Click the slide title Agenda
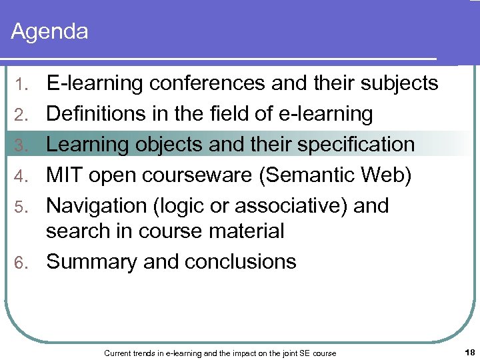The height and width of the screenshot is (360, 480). coord(50,31)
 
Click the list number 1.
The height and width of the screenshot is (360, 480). coord(23,84)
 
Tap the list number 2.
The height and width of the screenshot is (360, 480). coord(22,115)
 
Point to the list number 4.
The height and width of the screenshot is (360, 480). coord(22,176)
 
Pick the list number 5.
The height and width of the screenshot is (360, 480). coord(22,207)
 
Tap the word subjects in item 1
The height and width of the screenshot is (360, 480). coord(398,83)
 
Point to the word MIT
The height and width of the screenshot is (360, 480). coord(64,175)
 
